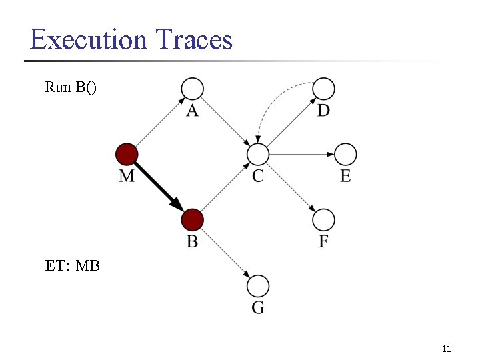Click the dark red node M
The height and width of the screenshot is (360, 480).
[127, 154]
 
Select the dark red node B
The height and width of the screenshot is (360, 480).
[192, 219]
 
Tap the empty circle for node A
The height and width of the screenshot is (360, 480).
[192, 88]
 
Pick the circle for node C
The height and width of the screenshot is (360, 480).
[257, 154]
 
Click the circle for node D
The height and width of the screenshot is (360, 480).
[323, 88]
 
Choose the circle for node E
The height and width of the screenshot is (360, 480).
[345, 154]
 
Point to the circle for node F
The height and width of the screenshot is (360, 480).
[323, 219]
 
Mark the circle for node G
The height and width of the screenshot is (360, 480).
[258, 286]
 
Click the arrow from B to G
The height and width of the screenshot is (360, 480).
[225, 253]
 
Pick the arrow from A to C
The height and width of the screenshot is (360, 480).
[225, 121]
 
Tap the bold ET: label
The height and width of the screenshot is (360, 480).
[58, 266]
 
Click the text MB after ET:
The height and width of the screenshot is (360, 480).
[88, 266]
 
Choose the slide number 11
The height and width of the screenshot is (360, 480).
[447, 349]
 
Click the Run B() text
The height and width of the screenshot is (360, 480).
[71, 87]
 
